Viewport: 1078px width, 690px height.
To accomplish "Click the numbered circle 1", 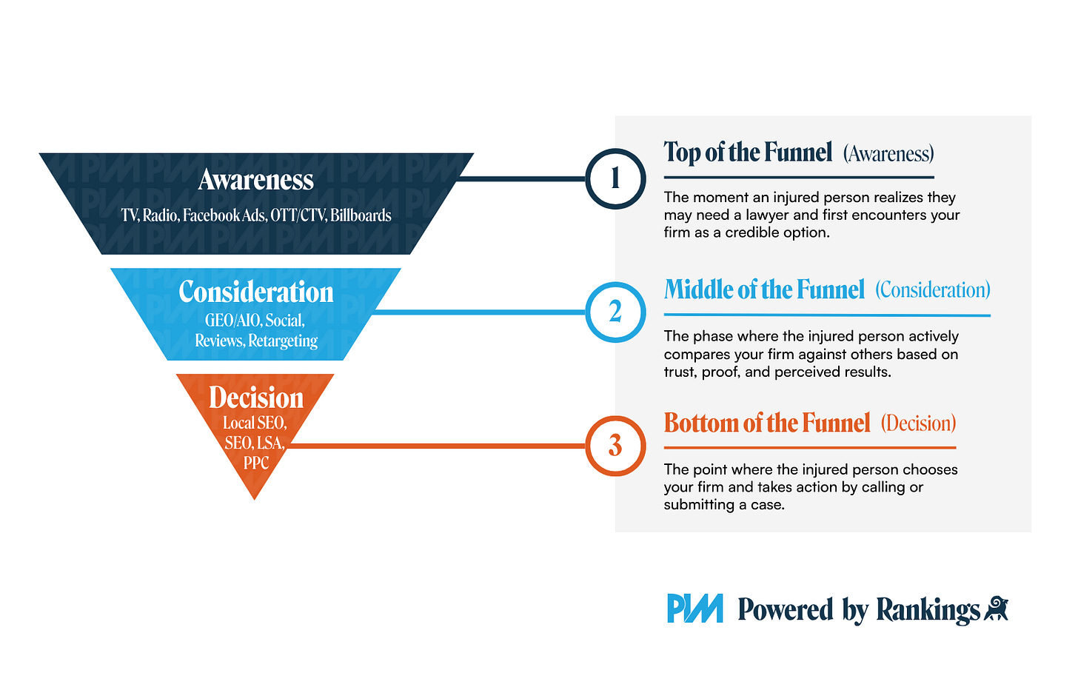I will (615, 179).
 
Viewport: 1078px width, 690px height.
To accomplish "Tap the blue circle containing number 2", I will (615, 312).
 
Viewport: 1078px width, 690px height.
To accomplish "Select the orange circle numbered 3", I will (615, 446).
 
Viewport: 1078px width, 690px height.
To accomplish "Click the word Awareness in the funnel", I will (256, 180).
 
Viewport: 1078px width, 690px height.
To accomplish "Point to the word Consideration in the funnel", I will (256, 292).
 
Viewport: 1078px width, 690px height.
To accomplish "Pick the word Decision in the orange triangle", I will (256, 398).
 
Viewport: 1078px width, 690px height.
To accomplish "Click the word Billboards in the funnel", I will (361, 215).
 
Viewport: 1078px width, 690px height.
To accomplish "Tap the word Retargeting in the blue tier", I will (283, 341).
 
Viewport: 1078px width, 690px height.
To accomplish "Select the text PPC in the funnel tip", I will (256, 463).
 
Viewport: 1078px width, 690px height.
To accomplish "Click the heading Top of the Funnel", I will (748, 153).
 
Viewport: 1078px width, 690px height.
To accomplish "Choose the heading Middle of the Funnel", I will (764, 289).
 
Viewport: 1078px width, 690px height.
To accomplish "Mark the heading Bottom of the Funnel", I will (767, 423).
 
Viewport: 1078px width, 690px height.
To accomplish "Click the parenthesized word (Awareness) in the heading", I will (888, 154).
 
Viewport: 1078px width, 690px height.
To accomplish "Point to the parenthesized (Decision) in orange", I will (918, 423).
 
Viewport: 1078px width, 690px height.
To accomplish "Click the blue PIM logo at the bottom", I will (694, 609).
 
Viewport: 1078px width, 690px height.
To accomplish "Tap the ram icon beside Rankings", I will (996, 609).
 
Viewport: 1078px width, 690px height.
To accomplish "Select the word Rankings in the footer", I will (928, 610).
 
